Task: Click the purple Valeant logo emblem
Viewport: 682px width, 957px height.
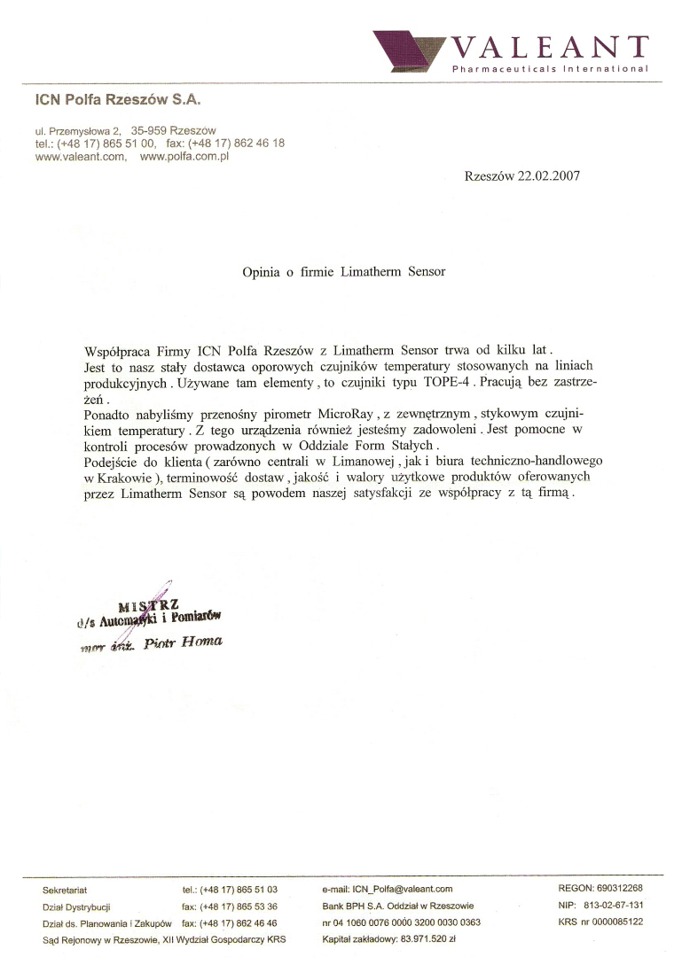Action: coord(409,51)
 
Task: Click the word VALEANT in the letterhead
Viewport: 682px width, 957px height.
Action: coord(549,46)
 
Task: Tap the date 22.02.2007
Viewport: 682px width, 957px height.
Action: coord(542,175)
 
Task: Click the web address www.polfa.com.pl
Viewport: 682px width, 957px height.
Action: coord(185,156)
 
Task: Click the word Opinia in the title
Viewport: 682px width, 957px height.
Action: coord(263,272)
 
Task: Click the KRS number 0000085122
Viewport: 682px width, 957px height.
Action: coord(612,922)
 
